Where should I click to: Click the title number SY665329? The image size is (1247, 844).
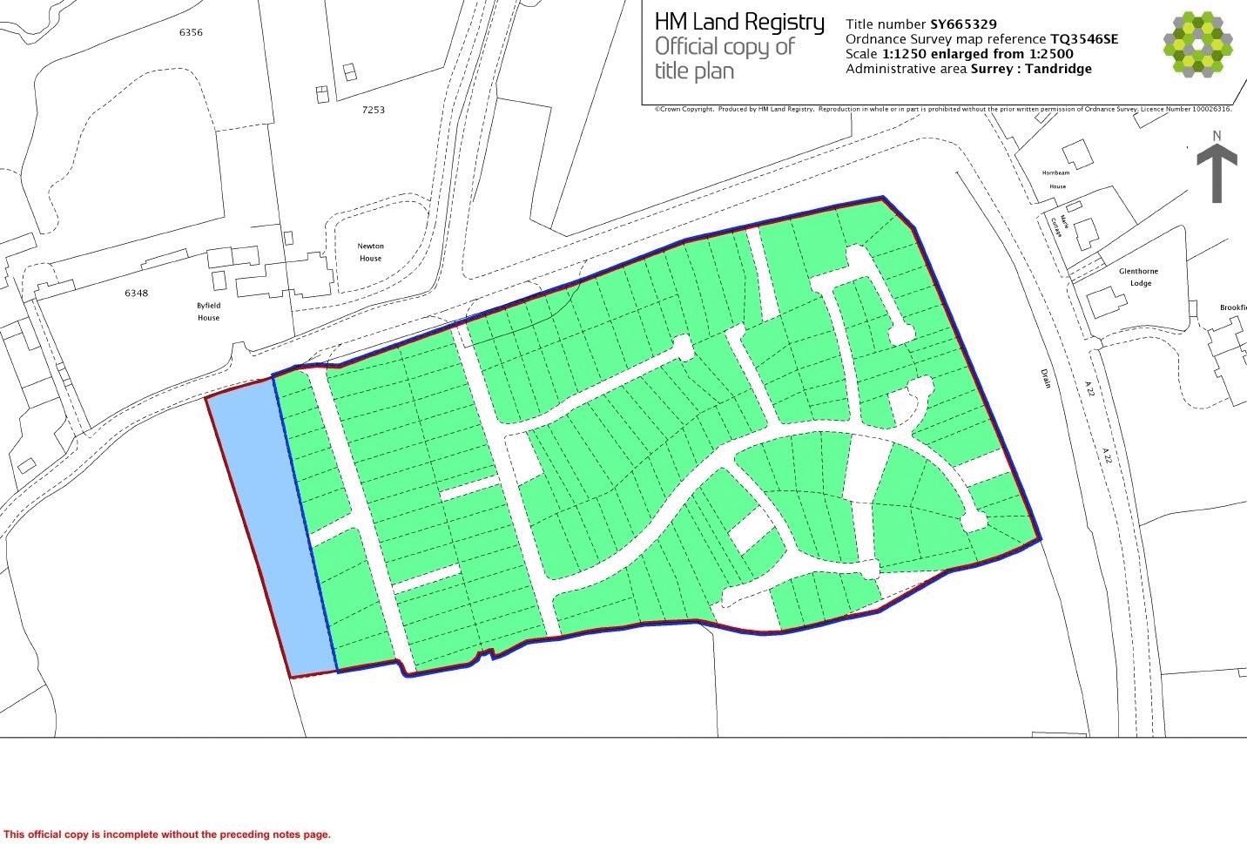tap(963, 24)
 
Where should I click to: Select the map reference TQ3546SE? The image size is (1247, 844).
tap(1084, 39)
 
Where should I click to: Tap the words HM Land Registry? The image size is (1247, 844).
tap(738, 22)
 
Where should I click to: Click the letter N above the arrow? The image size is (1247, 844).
tap(1217, 135)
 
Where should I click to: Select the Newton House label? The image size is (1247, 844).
tap(370, 252)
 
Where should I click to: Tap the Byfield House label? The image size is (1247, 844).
tap(208, 312)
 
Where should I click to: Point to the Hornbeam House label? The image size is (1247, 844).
tap(1056, 179)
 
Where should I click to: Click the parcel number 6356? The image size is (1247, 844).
tap(191, 32)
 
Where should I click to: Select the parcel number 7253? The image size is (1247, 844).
tap(373, 110)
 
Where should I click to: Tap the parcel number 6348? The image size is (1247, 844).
tap(136, 294)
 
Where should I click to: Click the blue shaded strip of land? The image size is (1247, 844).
tap(270, 531)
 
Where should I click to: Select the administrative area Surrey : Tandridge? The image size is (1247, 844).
tap(1031, 69)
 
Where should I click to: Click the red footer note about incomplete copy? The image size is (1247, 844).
tap(167, 834)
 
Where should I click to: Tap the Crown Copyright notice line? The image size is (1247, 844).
tap(943, 109)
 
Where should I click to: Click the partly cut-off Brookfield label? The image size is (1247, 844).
tap(1233, 307)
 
